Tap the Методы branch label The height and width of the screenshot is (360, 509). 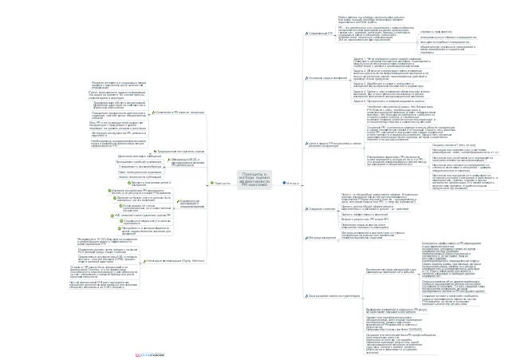tap(288, 182)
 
